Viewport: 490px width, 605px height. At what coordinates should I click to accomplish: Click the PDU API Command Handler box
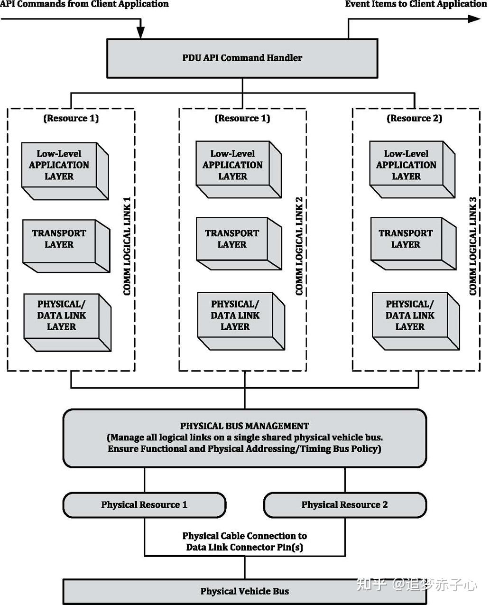[x=242, y=58]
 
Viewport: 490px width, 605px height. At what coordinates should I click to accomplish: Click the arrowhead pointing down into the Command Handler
[x=140, y=33]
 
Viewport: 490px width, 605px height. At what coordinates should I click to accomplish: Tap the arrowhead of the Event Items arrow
[x=474, y=19]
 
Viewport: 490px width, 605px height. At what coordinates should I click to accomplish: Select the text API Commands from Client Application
[x=84, y=4]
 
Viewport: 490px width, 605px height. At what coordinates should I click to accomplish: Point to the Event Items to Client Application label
[x=416, y=4]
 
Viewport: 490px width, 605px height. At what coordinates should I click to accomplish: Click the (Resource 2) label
[x=414, y=118]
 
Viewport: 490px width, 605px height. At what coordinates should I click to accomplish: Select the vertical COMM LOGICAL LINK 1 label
[x=127, y=246]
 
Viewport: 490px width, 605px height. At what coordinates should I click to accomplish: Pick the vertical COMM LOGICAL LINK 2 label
[x=299, y=246]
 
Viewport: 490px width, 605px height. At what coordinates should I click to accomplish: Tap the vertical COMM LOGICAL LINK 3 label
[x=472, y=246]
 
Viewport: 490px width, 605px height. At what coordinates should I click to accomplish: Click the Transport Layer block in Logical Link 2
[x=232, y=239]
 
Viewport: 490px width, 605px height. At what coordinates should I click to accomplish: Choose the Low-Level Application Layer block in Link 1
[x=59, y=165]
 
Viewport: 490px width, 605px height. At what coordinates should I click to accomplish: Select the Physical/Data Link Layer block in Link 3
[x=410, y=316]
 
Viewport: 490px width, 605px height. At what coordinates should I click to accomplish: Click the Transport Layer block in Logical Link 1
[x=59, y=239]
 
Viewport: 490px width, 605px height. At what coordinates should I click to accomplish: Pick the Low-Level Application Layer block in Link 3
[x=406, y=165]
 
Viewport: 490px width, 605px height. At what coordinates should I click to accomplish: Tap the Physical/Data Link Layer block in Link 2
[x=235, y=316]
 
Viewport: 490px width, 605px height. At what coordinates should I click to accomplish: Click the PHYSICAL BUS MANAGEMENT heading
[x=244, y=426]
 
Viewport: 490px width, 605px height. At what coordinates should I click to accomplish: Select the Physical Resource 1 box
[x=144, y=505]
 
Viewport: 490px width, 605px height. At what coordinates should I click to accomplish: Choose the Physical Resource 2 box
[x=344, y=505]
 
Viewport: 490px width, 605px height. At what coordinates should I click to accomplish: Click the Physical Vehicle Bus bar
[x=244, y=591]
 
